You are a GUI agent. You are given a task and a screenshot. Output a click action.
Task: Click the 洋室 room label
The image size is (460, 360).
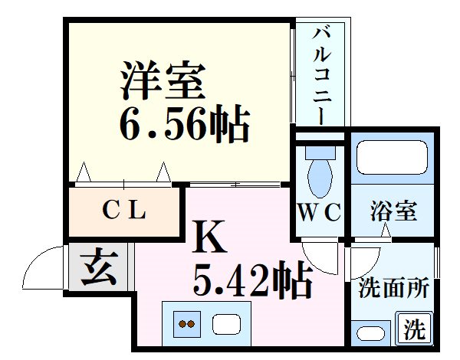162,81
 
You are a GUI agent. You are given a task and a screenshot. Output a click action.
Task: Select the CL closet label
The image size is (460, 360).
125,208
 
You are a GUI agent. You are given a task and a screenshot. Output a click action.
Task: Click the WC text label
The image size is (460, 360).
319,212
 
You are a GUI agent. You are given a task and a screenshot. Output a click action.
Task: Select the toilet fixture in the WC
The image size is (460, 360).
319,175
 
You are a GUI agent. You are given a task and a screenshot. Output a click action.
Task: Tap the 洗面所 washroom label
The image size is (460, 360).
393,290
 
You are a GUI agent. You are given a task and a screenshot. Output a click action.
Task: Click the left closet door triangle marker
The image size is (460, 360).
84,170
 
